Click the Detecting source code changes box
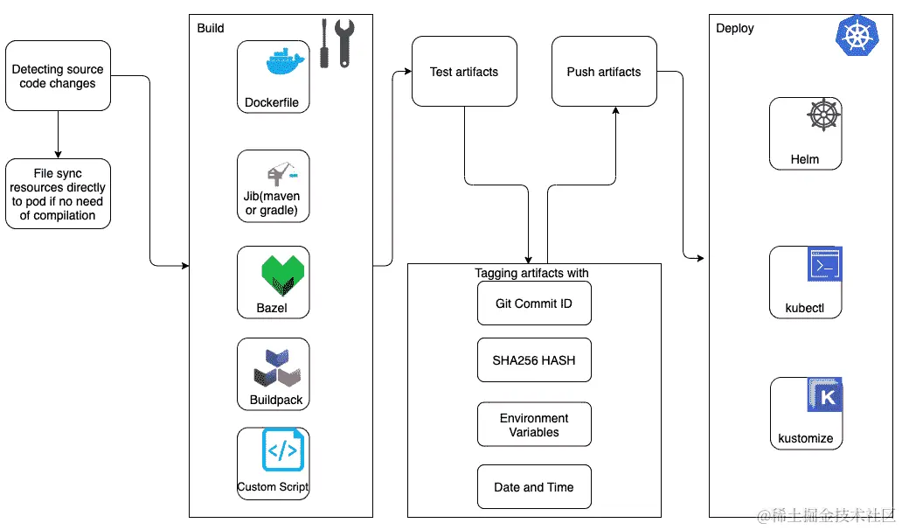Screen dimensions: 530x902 coord(58,76)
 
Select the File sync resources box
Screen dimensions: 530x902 coord(58,194)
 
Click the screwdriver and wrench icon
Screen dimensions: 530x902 coord(335,44)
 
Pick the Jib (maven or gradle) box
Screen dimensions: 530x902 coord(273,185)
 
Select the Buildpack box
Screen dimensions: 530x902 coord(273,374)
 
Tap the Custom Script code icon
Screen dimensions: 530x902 coord(282,450)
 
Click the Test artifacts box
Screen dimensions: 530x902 coord(464,72)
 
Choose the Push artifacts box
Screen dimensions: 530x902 coord(604,72)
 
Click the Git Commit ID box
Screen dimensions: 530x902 coord(534,304)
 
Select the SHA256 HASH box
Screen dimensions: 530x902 coord(534,360)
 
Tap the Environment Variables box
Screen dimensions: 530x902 coord(534,425)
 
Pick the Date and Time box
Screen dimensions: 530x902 coord(534,487)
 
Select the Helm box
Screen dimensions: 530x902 coord(805,134)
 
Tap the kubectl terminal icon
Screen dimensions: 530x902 coord(824,264)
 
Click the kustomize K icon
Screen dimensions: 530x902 coord(824,395)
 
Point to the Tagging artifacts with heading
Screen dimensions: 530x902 coord(531,273)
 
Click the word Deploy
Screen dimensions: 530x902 coord(734,28)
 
